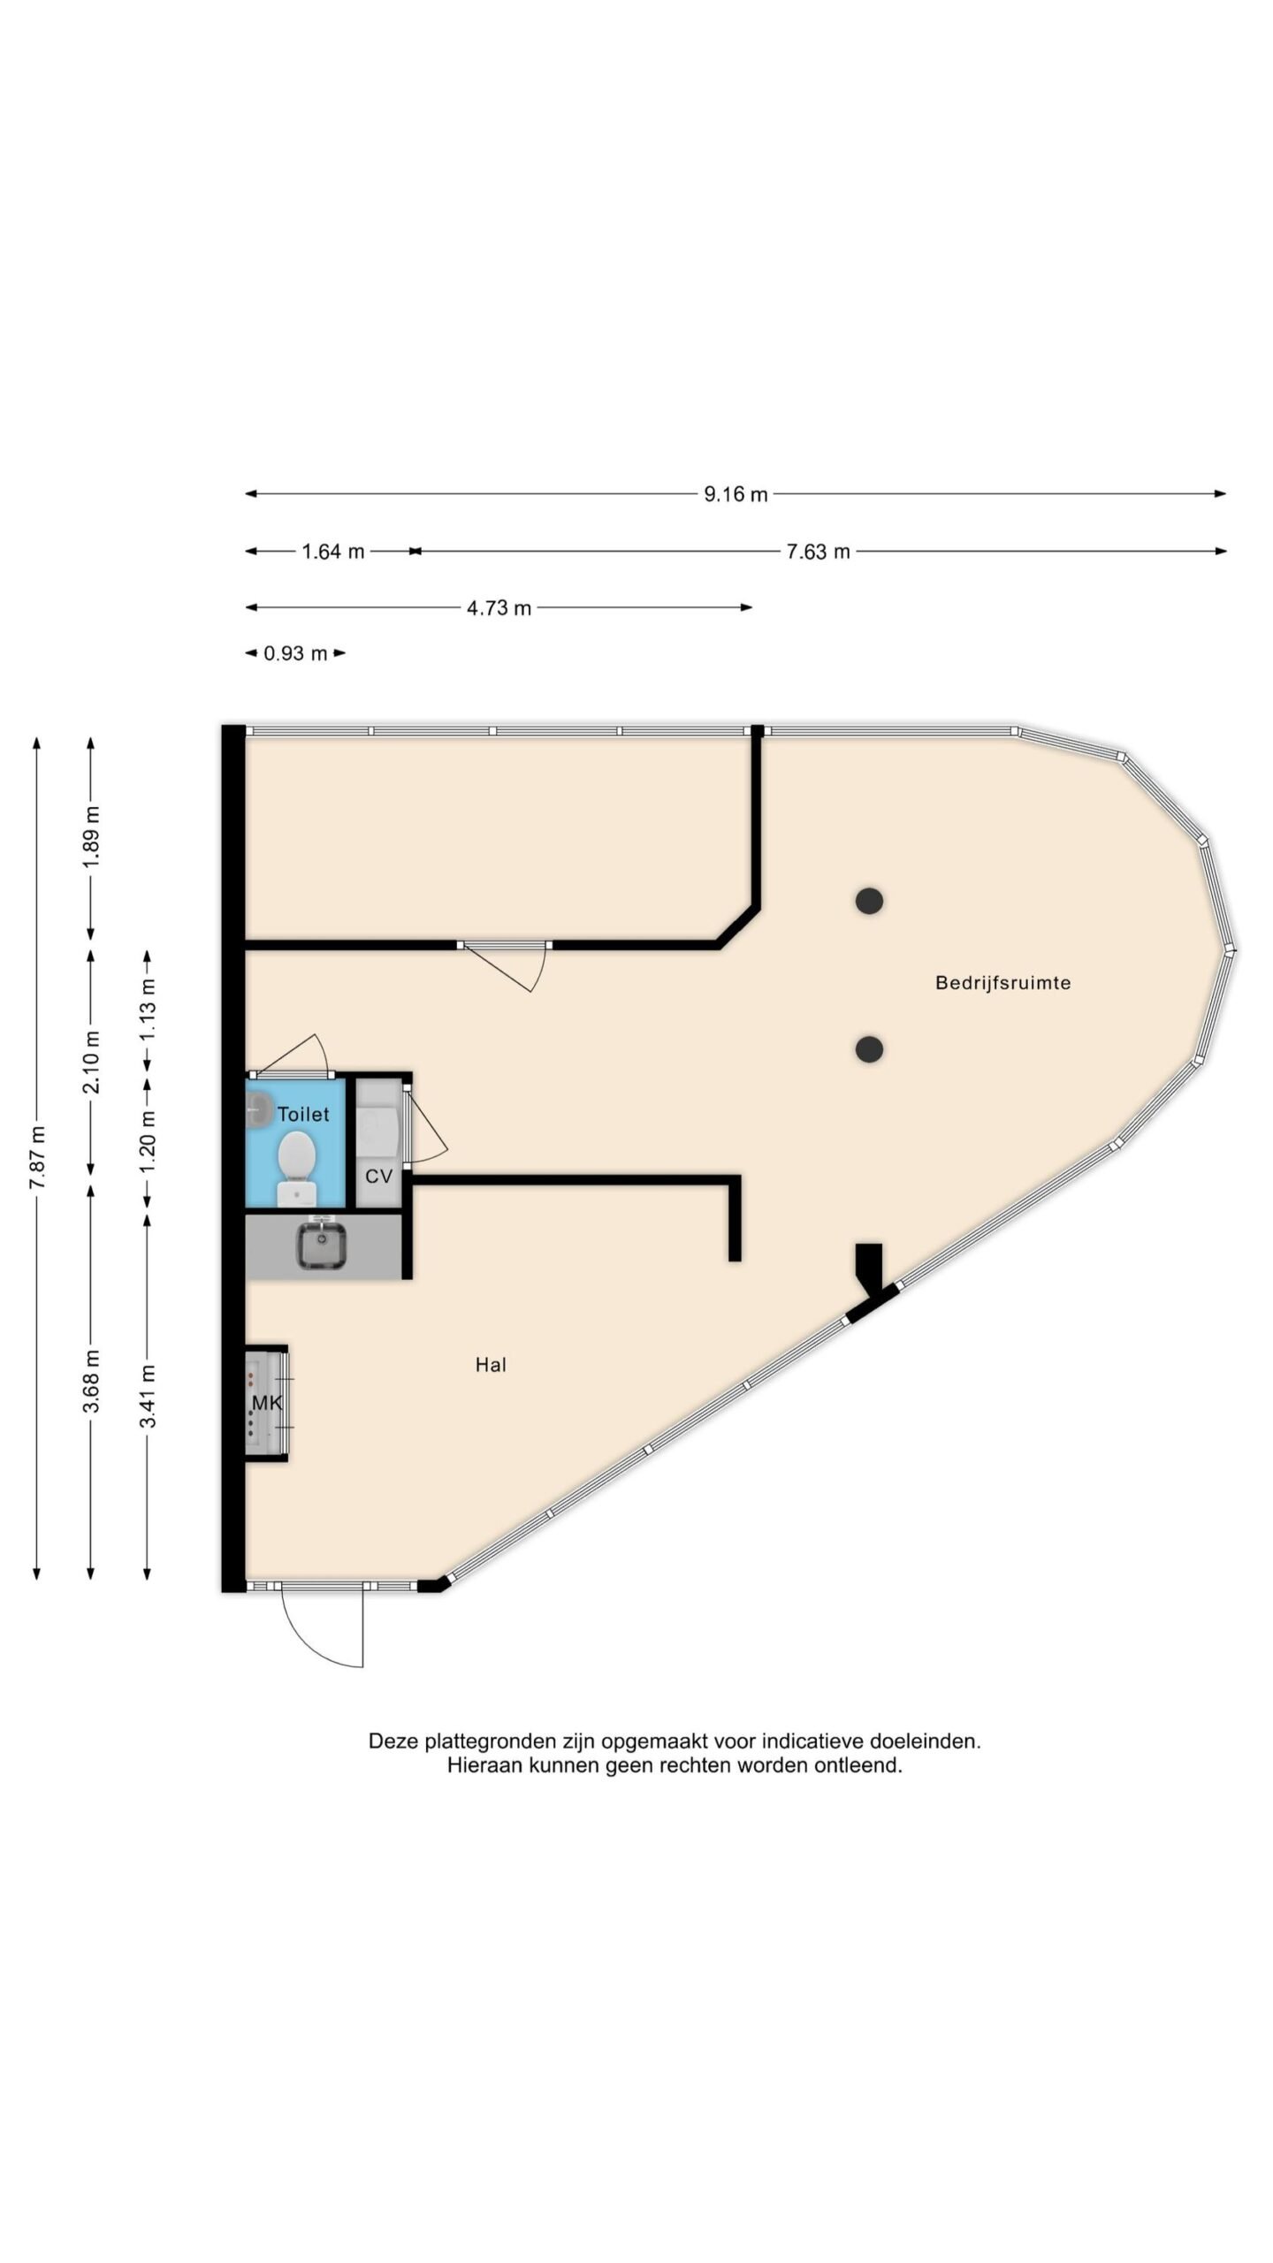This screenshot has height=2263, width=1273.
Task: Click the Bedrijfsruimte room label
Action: [x=1002, y=982]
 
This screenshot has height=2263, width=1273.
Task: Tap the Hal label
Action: [x=491, y=1365]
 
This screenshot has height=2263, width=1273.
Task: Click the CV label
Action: [x=378, y=1177]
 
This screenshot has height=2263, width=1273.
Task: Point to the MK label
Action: [x=267, y=1402]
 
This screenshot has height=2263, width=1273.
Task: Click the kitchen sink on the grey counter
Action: [x=321, y=1245]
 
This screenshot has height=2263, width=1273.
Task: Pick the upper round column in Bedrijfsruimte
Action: [x=869, y=901]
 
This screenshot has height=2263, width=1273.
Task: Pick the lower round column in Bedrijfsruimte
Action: [x=869, y=1049]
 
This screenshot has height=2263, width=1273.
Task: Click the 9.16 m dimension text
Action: [x=736, y=495]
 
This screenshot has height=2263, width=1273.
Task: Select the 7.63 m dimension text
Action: [x=818, y=552]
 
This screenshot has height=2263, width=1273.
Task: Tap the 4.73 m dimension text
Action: [x=499, y=608]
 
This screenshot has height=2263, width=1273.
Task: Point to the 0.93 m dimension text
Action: [x=295, y=654]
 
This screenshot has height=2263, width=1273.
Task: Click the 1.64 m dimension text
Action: [x=333, y=552]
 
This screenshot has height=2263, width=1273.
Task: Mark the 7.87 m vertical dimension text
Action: [x=36, y=1158]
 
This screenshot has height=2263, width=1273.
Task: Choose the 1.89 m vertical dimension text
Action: [x=91, y=836]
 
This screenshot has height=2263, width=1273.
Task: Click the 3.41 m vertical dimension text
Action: [x=148, y=1396]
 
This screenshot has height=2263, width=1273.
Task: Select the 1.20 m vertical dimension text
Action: [x=148, y=1140]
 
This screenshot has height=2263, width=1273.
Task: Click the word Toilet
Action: [x=303, y=1115]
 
